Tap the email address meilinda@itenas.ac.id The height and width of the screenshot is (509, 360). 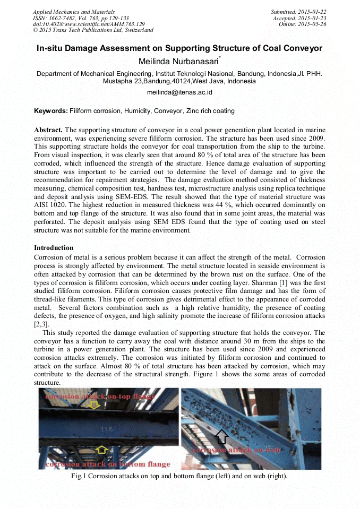pos(179,92)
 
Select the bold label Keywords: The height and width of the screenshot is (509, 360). pos(51,111)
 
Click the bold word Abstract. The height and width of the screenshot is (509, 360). pos(48,130)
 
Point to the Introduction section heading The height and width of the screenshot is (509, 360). pos(54,248)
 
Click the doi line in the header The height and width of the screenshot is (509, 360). pos(89,24)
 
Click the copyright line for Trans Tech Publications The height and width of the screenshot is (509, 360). pos(93,30)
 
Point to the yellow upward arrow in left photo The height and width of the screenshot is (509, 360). pos(101,450)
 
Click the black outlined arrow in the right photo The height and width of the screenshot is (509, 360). pos(222,436)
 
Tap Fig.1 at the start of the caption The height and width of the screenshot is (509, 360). pos(79,476)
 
